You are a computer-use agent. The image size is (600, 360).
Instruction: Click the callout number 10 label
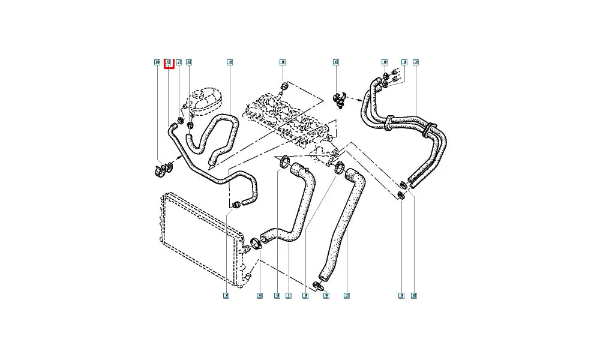coord(157,62)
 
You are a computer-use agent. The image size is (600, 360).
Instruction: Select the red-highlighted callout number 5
coord(169,62)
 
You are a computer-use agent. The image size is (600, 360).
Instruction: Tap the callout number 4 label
coord(230,62)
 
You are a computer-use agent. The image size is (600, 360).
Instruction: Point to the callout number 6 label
coord(336,62)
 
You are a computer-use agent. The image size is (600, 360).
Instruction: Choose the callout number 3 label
coord(415,62)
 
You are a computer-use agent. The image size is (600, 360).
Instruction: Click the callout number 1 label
coord(289,295)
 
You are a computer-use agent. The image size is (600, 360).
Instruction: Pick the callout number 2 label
coord(346,295)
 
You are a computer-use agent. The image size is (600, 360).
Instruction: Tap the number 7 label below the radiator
coord(226,295)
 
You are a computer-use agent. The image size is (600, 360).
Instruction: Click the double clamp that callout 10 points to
coord(160,170)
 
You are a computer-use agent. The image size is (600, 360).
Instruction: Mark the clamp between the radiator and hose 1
coord(256,243)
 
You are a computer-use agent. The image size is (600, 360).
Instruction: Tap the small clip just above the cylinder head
coord(283,89)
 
